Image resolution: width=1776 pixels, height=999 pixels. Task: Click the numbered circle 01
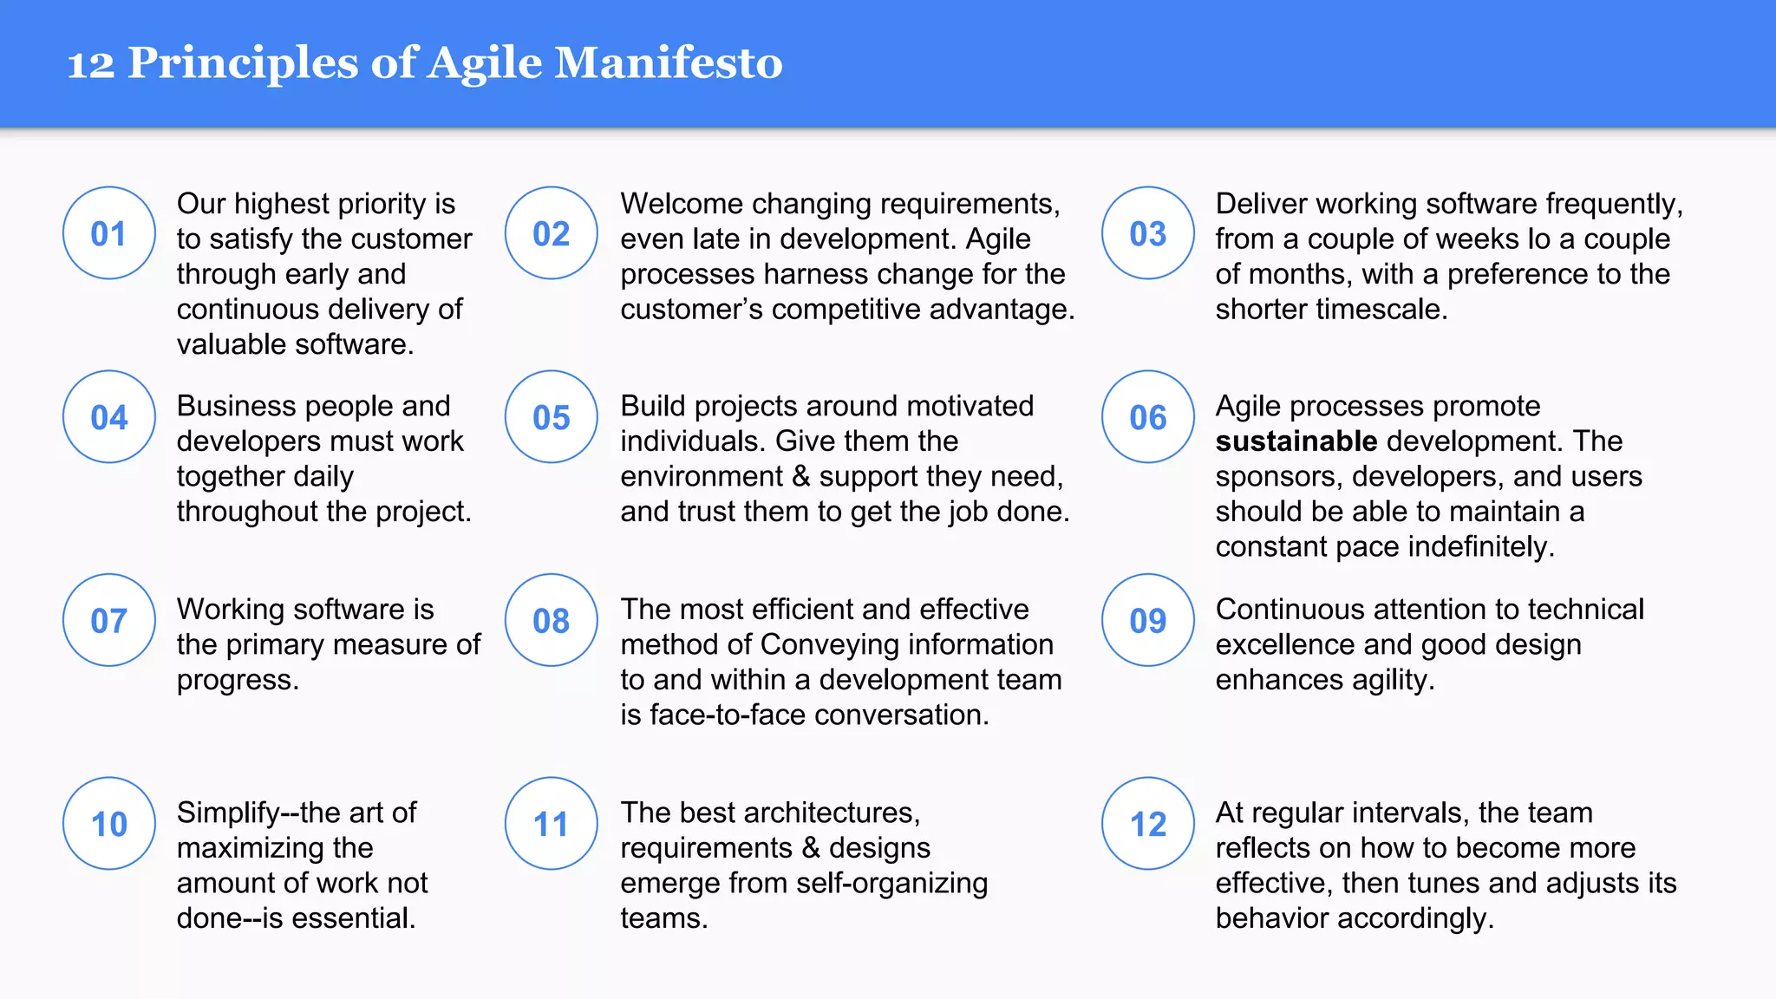tap(109, 233)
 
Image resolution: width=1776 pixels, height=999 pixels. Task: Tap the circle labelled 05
tap(552, 417)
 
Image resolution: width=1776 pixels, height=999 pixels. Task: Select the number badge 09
tap(1148, 620)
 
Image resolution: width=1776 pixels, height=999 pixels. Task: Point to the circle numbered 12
tap(1148, 824)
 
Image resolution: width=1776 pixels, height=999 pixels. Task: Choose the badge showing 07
tap(109, 620)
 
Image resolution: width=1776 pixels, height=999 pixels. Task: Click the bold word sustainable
tap(1296, 441)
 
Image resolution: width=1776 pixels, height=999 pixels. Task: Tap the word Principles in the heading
tap(243, 63)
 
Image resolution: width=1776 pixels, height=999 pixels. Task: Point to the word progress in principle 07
tap(237, 681)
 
